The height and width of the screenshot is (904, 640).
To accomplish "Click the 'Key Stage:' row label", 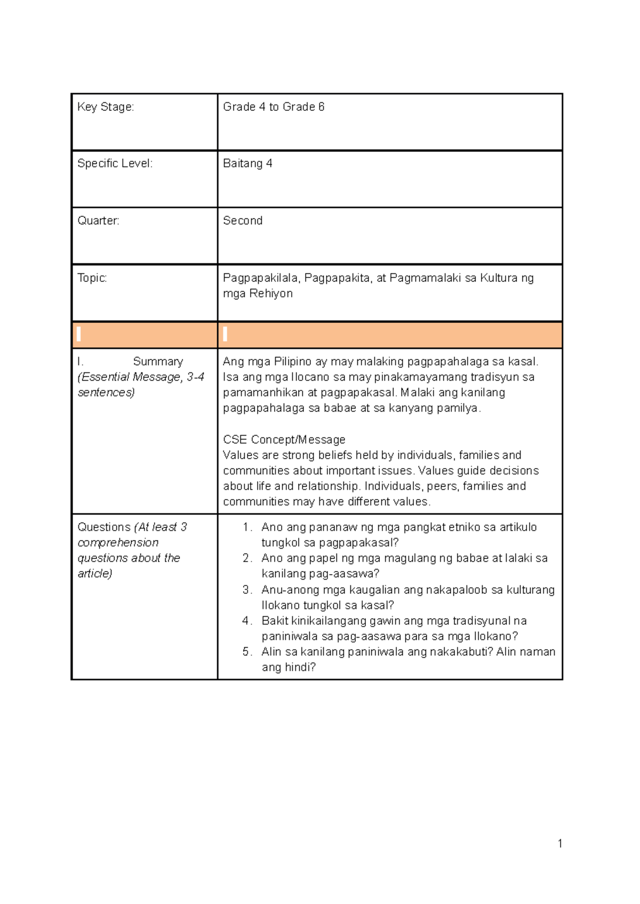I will (x=106, y=107).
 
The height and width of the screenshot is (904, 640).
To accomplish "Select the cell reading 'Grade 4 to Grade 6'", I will (x=274, y=107).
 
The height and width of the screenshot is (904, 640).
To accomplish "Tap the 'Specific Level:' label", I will (x=115, y=164).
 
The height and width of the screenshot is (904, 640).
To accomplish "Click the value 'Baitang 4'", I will (x=247, y=164).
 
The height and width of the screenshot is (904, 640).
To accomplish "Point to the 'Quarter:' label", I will (x=98, y=221).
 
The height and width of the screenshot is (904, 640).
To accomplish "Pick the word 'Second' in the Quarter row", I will (x=243, y=221).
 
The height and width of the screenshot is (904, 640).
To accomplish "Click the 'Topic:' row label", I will (x=92, y=278).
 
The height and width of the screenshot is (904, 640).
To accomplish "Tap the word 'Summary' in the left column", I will (x=158, y=361).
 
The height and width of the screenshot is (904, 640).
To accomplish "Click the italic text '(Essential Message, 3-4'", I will (x=141, y=377).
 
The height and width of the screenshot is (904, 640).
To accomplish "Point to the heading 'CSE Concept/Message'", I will (x=284, y=439).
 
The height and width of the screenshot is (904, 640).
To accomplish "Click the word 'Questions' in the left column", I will (x=104, y=527).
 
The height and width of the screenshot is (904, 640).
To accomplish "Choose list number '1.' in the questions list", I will (x=247, y=527).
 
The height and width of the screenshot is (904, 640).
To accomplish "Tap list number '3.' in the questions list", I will (x=247, y=590).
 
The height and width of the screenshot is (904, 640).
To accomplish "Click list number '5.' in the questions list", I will (x=247, y=651).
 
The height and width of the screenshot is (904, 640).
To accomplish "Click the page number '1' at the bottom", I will (x=560, y=843).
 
